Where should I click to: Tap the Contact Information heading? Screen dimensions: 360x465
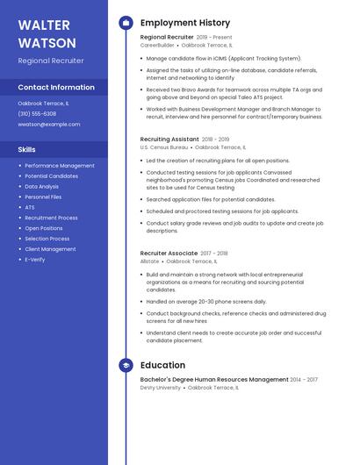point(56,88)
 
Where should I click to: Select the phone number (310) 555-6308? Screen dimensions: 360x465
point(37,114)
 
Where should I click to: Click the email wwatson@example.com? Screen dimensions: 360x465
point(48,125)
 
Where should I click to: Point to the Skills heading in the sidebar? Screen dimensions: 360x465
point(27,150)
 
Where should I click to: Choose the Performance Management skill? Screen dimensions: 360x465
point(60,166)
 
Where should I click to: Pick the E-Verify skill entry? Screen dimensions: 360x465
point(35,260)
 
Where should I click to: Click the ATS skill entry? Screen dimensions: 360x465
point(30,207)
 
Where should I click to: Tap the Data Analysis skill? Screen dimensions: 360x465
point(42,187)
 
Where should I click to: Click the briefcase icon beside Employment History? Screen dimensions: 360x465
point(126,23)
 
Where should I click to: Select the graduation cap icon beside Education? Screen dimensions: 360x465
point(126,365)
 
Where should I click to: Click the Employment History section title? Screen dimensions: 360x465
point(185,23)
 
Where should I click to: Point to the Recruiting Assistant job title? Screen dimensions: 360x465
point(169,139)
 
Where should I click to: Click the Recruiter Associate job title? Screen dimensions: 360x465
point(169,253)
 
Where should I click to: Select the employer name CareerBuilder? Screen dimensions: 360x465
point(157,45)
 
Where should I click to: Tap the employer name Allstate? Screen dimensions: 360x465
point(150,261)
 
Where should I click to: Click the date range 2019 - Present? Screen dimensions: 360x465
point(214,38)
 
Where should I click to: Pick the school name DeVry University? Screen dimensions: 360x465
point(161,387)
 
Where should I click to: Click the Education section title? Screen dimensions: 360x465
point(162,365)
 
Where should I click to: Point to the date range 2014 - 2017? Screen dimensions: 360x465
point(305,380)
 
